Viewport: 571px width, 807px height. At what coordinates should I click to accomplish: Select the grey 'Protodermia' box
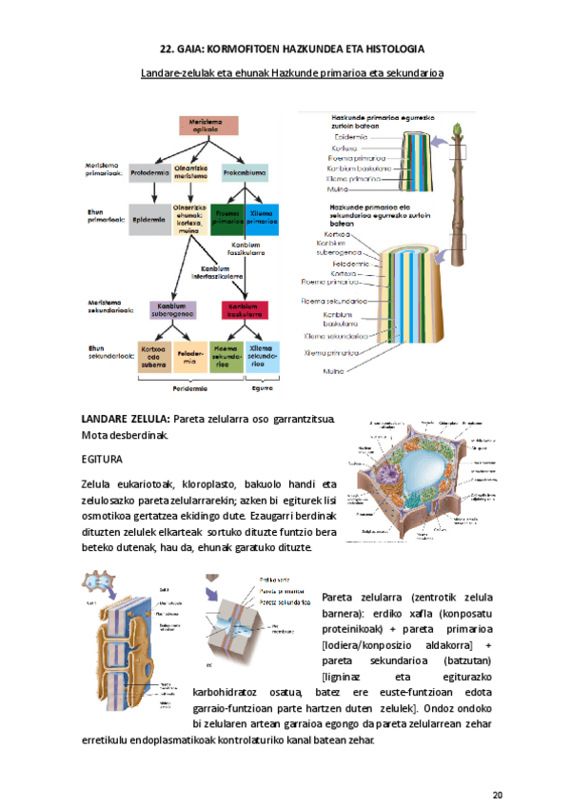point(150,173)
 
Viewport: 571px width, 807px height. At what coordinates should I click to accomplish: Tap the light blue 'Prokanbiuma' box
point(245,173)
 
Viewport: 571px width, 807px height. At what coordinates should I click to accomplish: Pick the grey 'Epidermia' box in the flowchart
point(149,217)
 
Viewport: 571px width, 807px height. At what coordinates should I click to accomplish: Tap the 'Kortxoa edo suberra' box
point(153,354)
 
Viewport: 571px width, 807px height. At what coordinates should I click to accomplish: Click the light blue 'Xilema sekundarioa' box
point(261,354)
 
